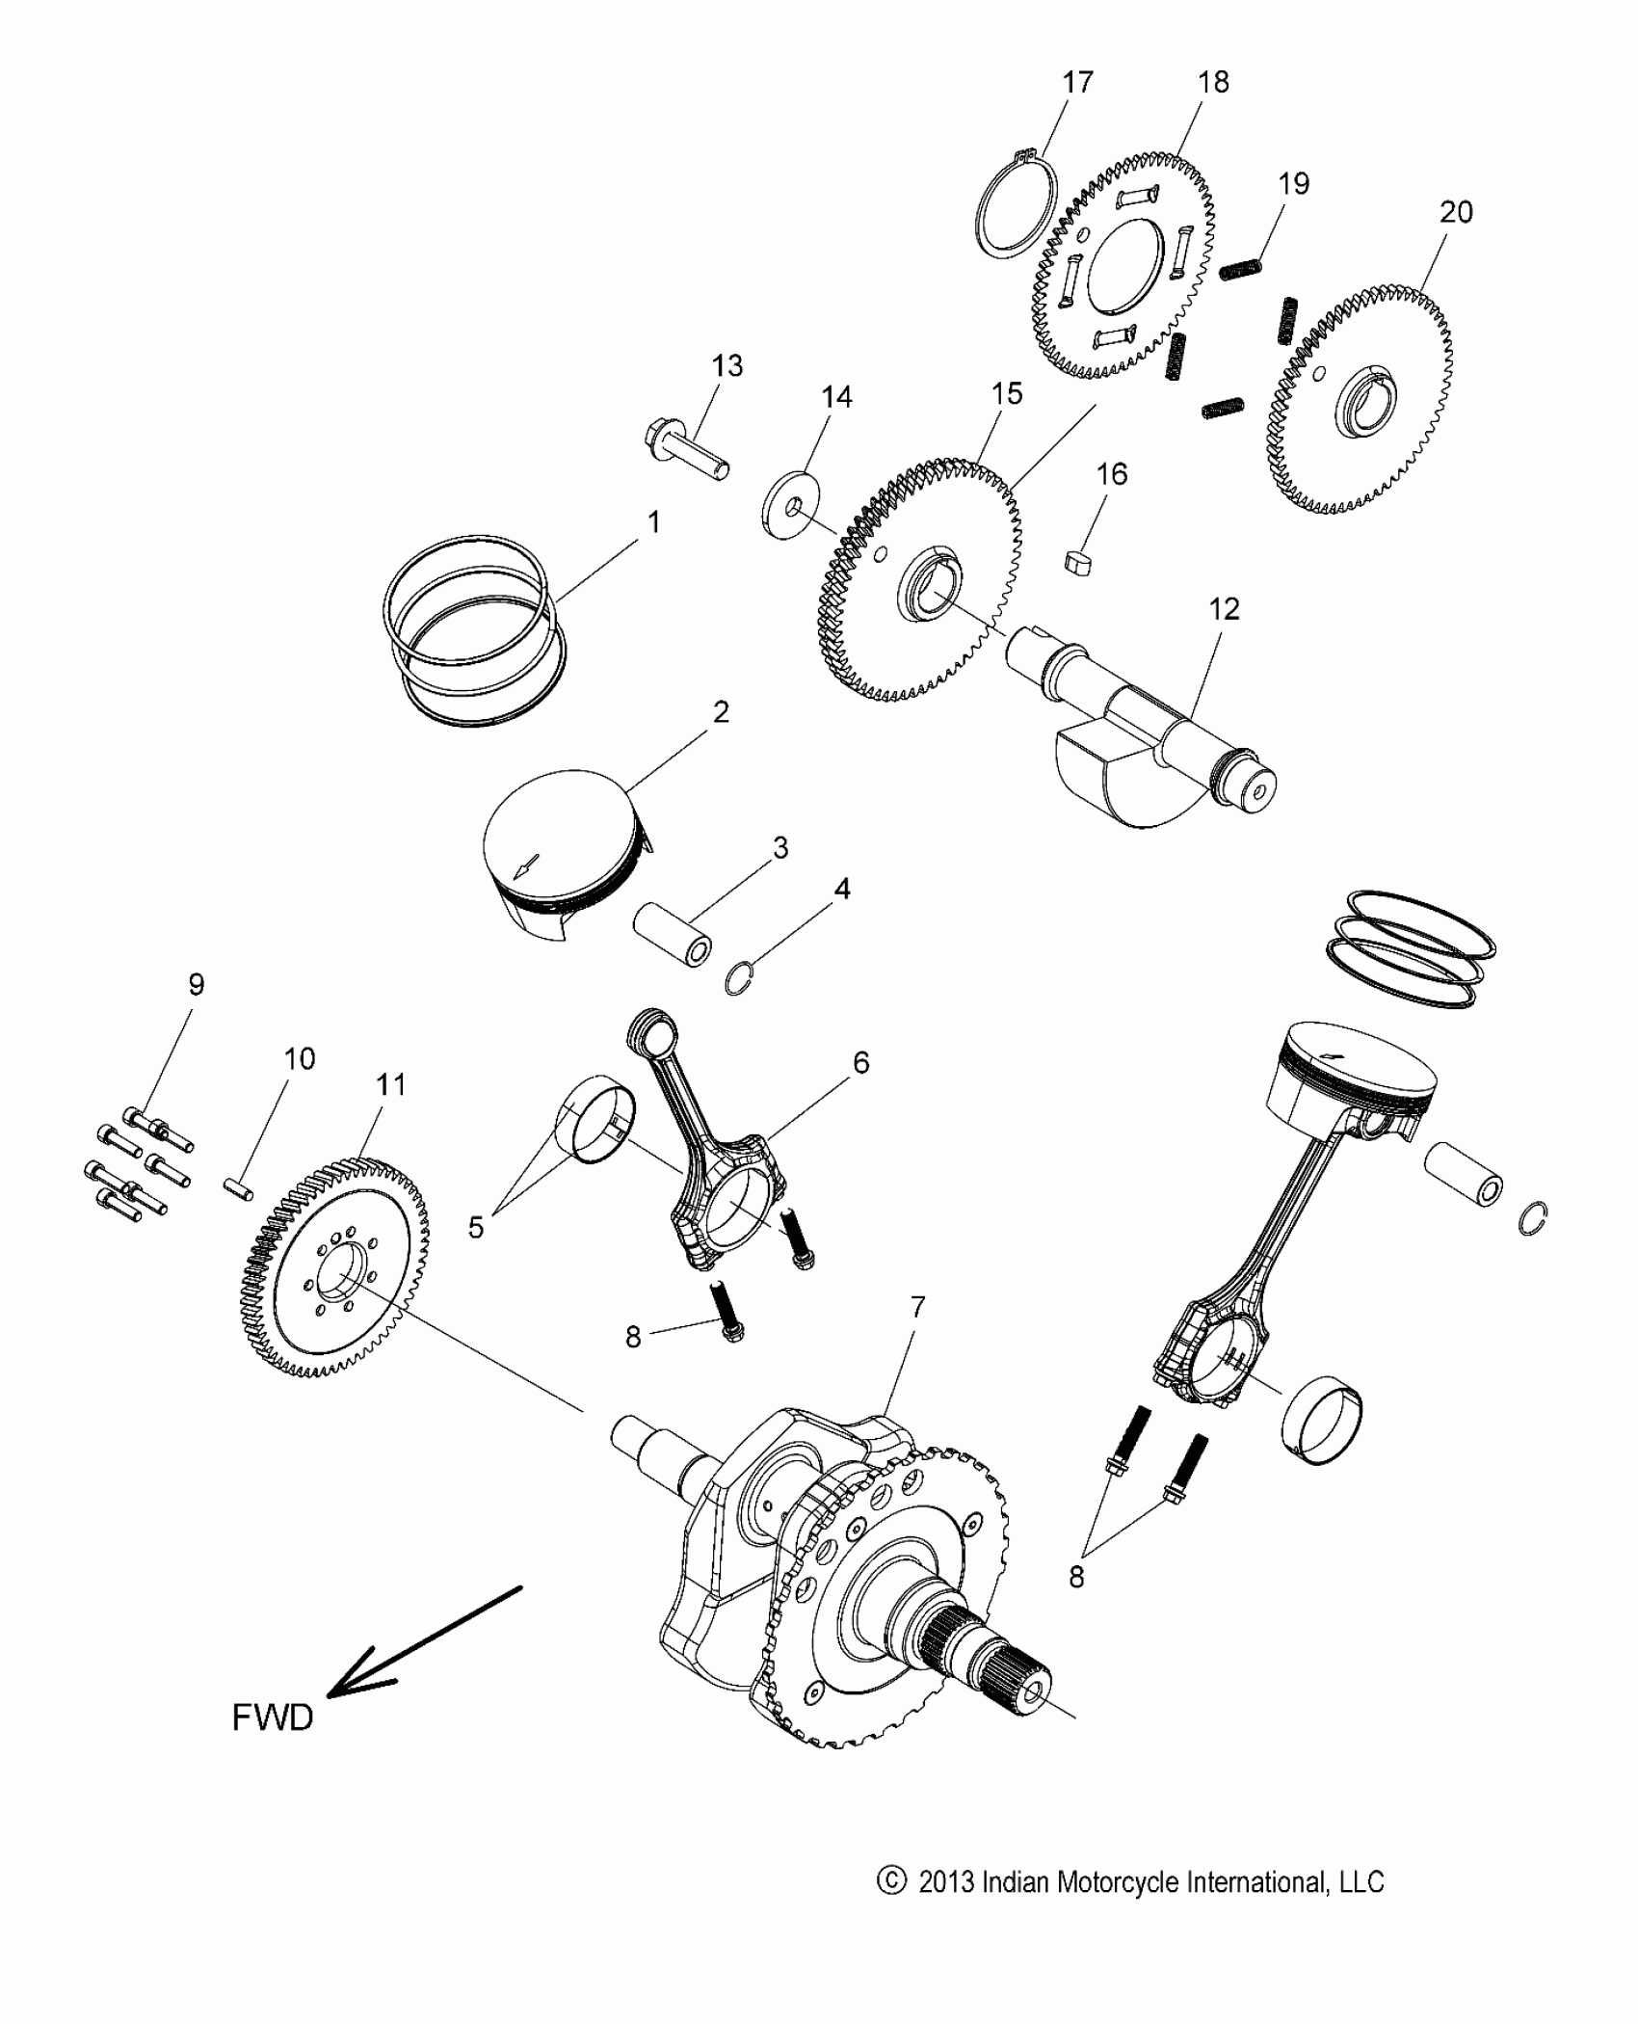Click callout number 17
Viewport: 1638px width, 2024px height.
1077,83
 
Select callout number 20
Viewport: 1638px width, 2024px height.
1455,212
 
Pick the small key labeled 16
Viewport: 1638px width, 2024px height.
1081,561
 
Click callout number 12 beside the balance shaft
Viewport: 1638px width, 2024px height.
1224,609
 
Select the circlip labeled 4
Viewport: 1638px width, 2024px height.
738,980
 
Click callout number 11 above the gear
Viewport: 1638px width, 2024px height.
390,1085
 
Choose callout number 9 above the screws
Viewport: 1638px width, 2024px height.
196,984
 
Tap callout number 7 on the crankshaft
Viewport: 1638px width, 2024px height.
916,1307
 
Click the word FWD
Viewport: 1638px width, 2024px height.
273,1718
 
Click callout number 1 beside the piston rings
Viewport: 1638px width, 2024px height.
653,523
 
